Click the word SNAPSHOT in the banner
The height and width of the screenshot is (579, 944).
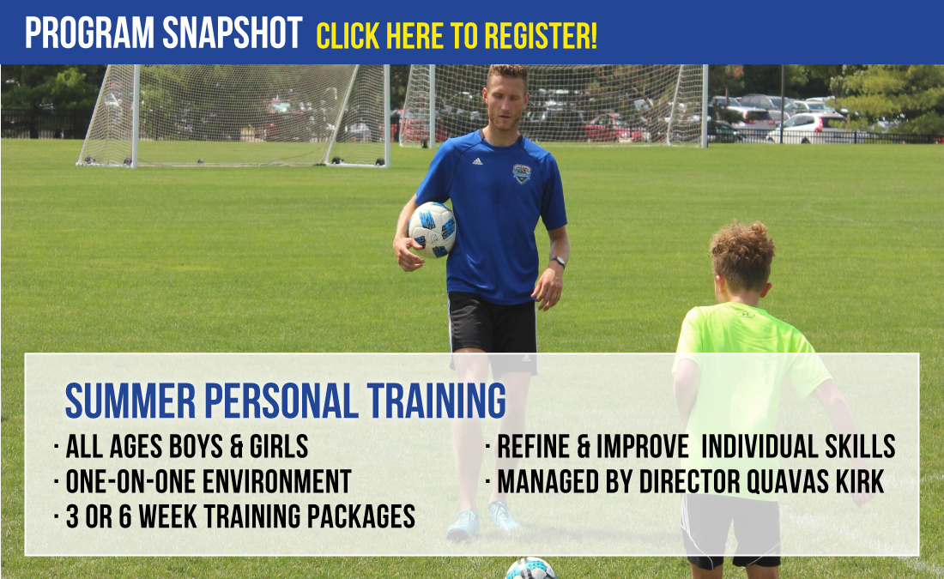232,33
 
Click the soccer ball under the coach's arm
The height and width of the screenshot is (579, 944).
432,230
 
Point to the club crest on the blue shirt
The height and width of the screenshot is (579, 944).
522,173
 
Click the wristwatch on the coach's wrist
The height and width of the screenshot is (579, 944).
559,262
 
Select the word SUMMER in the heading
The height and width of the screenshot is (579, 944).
130,401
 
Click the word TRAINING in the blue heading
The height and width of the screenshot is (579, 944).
437,401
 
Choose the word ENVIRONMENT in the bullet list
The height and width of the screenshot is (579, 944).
276,481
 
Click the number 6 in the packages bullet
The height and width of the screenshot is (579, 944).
125,516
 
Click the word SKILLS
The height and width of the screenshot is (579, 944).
860,447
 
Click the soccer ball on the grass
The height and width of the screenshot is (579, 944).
529,569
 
